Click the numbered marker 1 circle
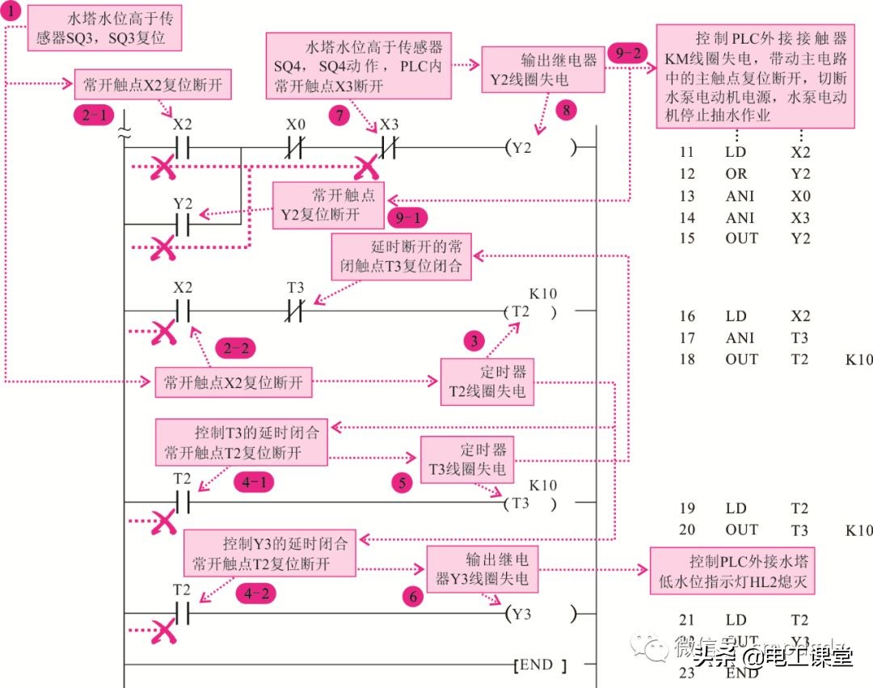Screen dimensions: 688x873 coord(12,13)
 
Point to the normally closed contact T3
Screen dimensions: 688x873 coord(296,311)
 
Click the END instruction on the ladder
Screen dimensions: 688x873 coord(539,665)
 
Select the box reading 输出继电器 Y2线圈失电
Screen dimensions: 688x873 coord(540,70)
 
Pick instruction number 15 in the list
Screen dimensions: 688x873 coord(687,238)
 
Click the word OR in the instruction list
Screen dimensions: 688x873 coord(736,174)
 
